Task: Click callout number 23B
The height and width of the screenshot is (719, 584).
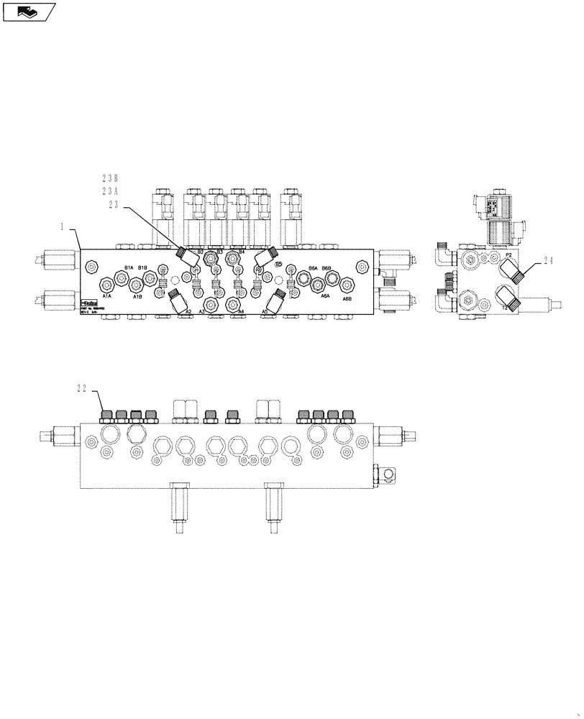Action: [x=110, y=177]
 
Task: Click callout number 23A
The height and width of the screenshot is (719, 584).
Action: [x=110, y=191]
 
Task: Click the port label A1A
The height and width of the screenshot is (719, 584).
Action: [x=106, y=296]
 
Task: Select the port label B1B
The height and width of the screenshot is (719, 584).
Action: [x=142, y=268]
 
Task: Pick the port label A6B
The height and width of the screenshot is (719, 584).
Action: [x=347, y=298]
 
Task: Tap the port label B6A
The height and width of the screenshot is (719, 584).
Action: [x=313, y=268]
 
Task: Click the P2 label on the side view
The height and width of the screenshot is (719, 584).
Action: [x=508, y=255]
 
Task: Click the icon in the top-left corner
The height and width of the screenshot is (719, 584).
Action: [x=29, y=11]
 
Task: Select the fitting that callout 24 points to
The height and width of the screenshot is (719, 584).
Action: [x=512, y=271]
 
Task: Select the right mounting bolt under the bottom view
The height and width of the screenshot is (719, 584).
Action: [x=273, y=508]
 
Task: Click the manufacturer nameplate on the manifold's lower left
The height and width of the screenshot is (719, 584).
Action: [x=89, y=307]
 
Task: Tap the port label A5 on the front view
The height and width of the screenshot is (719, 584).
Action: [x=265, y=311]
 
